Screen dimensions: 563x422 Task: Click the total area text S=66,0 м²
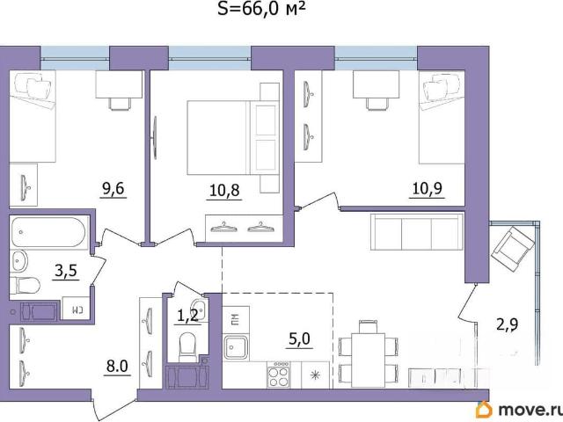[262, 9]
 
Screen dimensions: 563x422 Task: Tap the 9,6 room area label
[113, 189]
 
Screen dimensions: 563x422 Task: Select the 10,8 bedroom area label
[224, 191]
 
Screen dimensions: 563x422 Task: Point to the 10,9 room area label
[428, 189]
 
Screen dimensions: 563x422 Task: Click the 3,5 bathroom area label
[66, 271]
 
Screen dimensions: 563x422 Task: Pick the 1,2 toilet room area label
[187, 316]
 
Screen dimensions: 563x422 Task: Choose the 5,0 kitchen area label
[299, 338]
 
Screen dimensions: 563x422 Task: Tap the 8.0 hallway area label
[117, 367]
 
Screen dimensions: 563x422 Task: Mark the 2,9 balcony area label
[507, 325]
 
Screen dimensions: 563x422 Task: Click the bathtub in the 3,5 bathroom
[48, 232]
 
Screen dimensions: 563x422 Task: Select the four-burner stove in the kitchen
[279, 375]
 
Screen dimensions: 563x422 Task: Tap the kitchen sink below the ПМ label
[236, 347]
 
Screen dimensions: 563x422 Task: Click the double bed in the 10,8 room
[233, 138]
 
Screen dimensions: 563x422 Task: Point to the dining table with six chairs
[368, 360]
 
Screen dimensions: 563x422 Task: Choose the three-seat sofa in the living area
[417, 231]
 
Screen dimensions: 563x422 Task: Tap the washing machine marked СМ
[76, 308]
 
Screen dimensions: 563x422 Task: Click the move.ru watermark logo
[517, 410]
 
